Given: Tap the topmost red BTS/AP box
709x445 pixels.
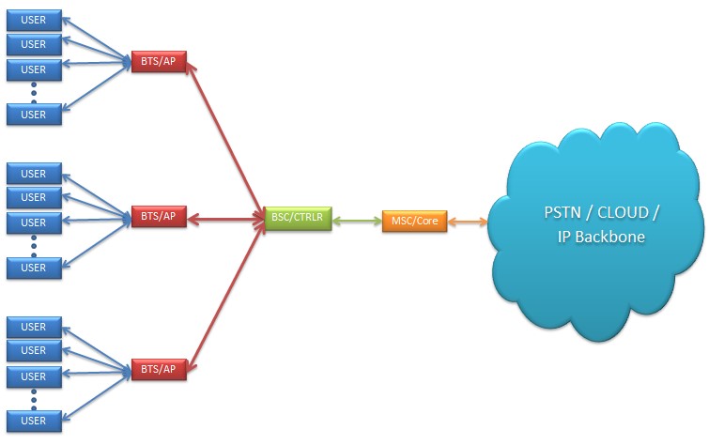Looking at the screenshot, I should coord(158,62).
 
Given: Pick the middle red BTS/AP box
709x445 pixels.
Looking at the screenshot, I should coord(158,217).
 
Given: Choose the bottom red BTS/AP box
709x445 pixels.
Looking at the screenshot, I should coord(158,369).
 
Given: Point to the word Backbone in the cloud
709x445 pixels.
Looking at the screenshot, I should coord(613,238).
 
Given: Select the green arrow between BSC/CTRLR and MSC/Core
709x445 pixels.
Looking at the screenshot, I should coord(357,222).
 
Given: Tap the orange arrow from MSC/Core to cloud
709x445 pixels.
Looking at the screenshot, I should coord(467,222).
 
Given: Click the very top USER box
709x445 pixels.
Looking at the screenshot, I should coord(34,19).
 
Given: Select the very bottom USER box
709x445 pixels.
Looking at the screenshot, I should coord(34,421).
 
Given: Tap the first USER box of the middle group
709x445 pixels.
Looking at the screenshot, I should coord(34,174).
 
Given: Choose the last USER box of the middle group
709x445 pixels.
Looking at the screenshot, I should coord(34,268).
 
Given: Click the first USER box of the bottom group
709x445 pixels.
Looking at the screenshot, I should coord(34,327).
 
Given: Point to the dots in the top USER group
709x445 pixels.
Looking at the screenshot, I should coord(34,92).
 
